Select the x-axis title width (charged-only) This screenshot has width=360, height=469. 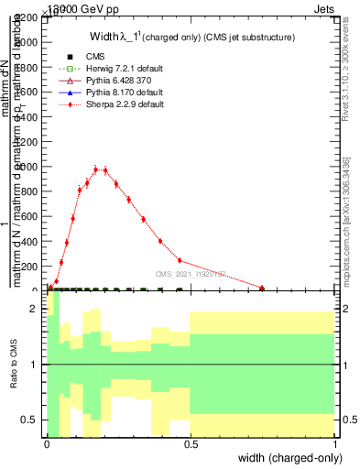(x=286, y=456)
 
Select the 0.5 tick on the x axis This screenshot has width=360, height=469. (x=191, y=444)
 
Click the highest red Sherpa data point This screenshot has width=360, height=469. (x=95, y=169)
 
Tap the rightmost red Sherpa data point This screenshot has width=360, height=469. (x=262, y=288)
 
